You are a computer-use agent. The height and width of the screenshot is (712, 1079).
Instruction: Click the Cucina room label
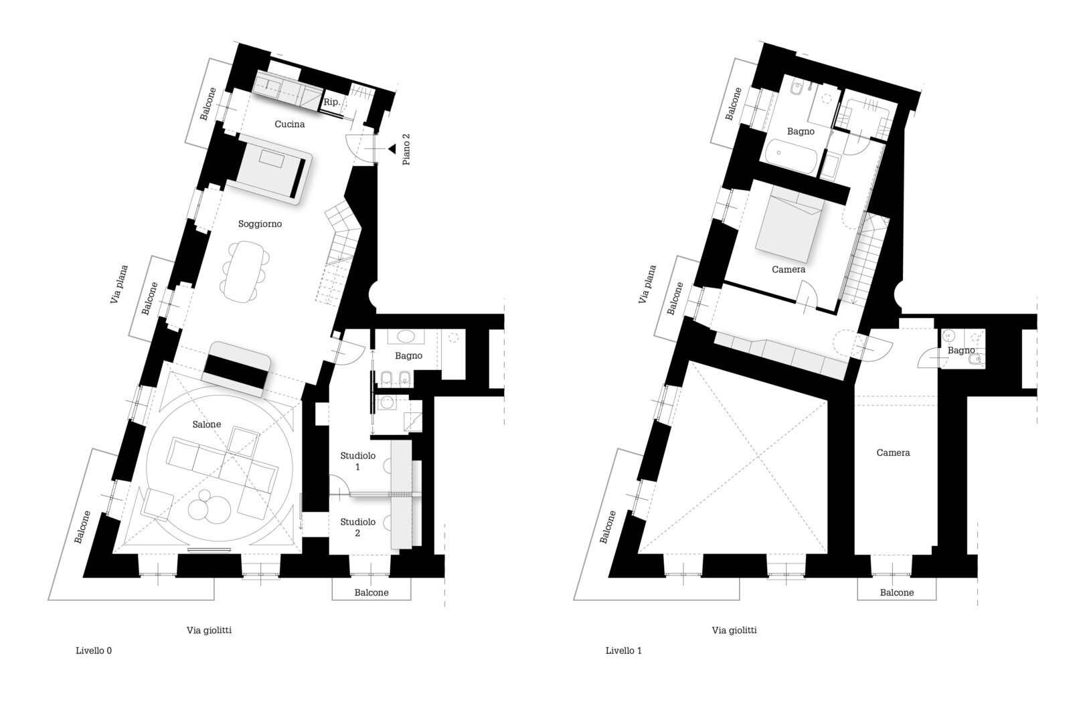pyautogui.click(x=290, y=124)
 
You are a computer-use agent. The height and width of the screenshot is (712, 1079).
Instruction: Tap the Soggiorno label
pyautogui.click(x=260, y=224)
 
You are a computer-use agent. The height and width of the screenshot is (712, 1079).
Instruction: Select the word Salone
pyautogui.click(x=207, y=424)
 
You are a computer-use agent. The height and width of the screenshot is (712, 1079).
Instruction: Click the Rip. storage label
pyautogui.click(x=332, y=102)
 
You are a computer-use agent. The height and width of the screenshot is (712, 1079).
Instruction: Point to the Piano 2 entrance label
pyautogui.click(x=406, y=150)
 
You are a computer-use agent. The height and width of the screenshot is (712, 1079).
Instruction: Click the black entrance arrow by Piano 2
pyautogui.click(x=392, y=149)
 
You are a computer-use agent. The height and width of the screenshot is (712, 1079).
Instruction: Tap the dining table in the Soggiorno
pyautogui.click(x=243, y=272)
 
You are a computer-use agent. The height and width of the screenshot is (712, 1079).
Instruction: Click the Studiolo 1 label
pyautogui.click(x=358, y=460)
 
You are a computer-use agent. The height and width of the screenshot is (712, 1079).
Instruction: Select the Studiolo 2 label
pyautogui.click(x=358, y=527)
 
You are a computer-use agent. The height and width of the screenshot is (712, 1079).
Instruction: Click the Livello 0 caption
pyautogui.click(x=94, y=651)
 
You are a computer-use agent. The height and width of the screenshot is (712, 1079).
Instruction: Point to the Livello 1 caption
pyautogui.click(x=624, y=651)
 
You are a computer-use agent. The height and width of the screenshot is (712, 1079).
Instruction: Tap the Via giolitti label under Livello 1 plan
pyautogui.click(x=734, y=630)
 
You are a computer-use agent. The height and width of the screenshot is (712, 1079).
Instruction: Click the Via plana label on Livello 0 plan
pyautogui.click(x=119, y=284)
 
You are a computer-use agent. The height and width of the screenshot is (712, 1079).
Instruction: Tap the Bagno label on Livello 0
pyautogui.click(x=408, y=356)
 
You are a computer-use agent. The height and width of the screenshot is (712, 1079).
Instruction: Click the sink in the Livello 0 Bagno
pyautogui.click(x=406, y=337)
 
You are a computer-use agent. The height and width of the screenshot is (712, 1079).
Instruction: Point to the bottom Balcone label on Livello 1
pyautogui.click(x=897, y=593)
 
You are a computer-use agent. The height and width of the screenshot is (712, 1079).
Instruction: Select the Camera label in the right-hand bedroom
pyautogui.click(x=893, y=452)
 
